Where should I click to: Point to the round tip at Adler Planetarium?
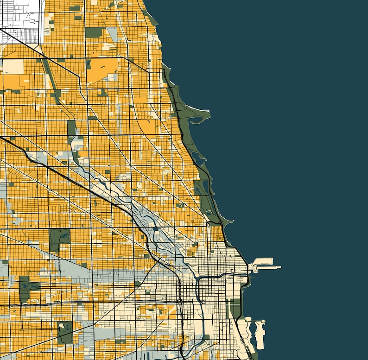click(x=263, y=322)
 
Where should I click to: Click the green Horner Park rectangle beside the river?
click(x=71, y=127)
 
